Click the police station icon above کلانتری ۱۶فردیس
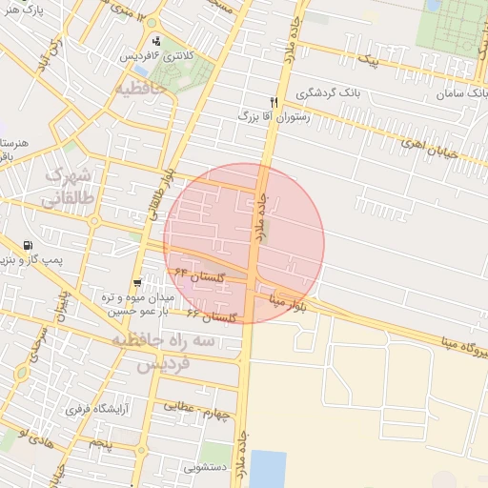click(156, 41)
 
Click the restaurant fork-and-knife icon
click(274, 102)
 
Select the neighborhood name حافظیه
click(141, 89)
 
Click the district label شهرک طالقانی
click(69, 186)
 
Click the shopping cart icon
click(139, 283)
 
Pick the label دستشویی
click(203, 467)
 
